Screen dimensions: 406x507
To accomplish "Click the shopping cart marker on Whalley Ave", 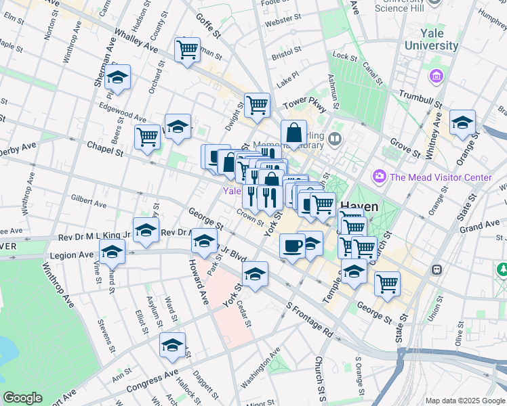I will [x=187, y=49].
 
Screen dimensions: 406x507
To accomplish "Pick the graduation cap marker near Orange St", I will [x=462, y=122].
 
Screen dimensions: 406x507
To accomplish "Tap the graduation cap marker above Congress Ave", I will [x=173, y=344].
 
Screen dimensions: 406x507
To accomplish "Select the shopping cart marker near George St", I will [x=387, y=283].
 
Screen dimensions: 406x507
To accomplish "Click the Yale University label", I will [x=431, y=39].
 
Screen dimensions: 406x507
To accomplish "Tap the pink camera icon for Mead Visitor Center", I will [x=378, y=177].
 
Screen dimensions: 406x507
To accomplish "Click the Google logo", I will [x=22, y=398].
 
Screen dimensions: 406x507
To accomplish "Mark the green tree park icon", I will [x=503, y=269].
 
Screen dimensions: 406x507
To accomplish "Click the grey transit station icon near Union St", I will [x=437, y=269].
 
